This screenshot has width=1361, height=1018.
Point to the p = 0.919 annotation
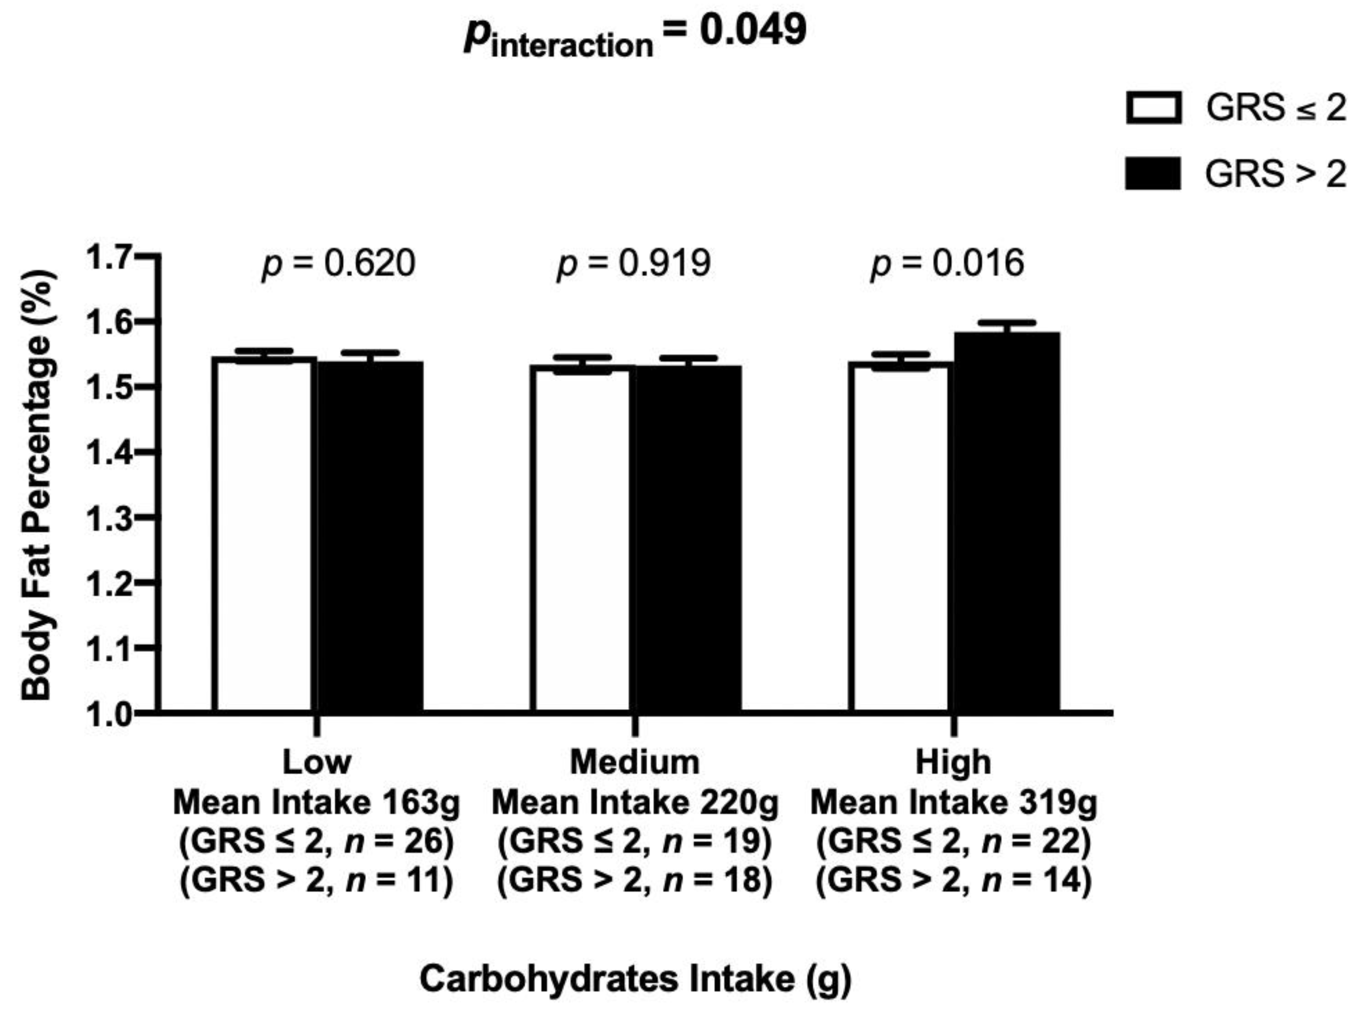pyautogui.click(x=634, y=263)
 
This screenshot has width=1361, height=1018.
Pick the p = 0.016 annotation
pyautogui.click(x=948, y=263)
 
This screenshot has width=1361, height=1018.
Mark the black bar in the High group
pyautogui.click(x=1007, y=523)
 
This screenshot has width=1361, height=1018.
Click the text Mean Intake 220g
pyautogui.click(x=635, y=802)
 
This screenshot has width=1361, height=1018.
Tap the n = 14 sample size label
pyautogui.click(x=1037, y=880)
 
